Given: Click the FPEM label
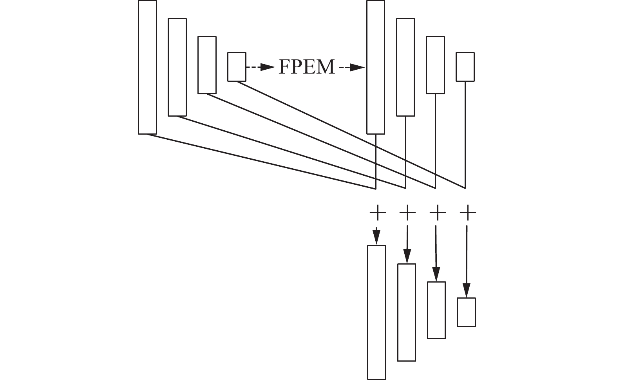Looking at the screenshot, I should [x=306, y=67].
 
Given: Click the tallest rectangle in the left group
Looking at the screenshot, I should [x=147, y=67].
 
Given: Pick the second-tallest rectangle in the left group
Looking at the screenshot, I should [x=177, y=67].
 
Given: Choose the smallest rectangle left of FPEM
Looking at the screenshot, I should [x=237, y=67].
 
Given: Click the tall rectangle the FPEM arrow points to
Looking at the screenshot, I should [x=375, y=67].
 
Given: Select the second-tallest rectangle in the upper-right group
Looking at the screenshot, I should [x=405, y=67].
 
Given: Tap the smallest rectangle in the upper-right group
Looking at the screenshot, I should [x=465, y=67].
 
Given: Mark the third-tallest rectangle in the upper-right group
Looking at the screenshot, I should [x=435, y=65].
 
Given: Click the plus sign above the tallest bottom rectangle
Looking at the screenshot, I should [x=378, y=213].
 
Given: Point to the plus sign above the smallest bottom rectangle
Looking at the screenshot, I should [x=468, y=213].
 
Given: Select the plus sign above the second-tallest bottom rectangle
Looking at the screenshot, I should [x=407, y=213].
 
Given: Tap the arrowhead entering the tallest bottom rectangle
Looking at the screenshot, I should [x=376, y=238].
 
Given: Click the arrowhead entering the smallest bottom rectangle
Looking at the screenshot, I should [x=466, y=291].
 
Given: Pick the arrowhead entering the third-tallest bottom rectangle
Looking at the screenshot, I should [x=436, y=274].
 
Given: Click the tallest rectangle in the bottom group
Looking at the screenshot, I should [x=376, y=312].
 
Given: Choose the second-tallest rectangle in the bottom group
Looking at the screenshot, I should [x=407, y=312].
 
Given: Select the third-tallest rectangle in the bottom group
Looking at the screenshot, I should [x=436, y=310].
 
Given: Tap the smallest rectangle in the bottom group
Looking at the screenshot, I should [x=466, y=312].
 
